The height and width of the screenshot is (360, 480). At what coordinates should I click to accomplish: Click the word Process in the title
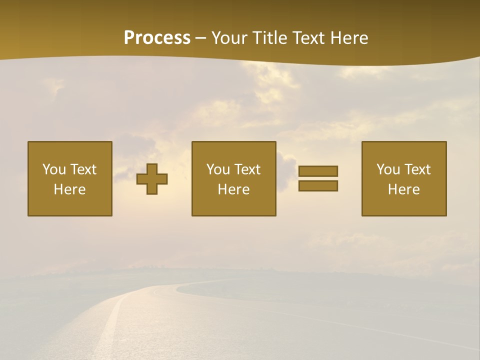157,38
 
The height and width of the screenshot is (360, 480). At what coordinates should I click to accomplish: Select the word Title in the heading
269,38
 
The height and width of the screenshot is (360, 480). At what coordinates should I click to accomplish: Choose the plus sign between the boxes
152,179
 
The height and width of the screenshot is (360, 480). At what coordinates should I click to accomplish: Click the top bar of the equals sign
318,171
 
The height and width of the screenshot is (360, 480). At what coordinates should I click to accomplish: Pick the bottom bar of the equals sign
318,185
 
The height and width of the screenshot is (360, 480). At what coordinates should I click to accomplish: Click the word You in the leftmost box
54,169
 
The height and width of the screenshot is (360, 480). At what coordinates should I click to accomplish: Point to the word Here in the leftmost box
70,189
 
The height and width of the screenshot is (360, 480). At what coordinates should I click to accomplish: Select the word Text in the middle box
247,169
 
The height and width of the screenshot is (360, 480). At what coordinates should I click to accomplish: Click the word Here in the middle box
234,189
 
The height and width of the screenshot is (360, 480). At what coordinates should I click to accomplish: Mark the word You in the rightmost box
388,169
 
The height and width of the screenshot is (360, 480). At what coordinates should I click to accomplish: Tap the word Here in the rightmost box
404,189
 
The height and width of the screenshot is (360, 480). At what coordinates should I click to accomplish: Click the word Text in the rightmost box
417,169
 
